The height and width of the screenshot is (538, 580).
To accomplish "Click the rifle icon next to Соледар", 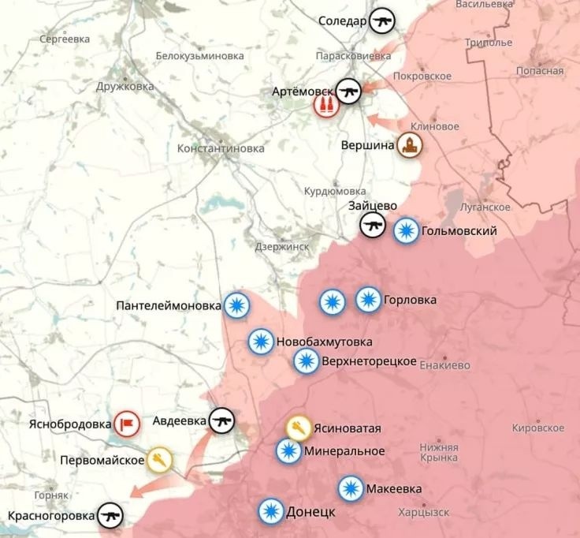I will [x=383, y=21].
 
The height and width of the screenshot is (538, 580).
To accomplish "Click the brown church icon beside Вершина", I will [x=410, y=146].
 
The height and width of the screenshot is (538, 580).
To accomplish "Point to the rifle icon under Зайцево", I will [x=373, y=226].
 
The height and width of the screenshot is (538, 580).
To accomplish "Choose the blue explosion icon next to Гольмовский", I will [x=406, y=230].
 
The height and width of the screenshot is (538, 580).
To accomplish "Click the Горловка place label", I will [x=410, y=300].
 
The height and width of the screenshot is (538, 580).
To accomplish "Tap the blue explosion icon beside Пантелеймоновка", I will [x=236, y=305].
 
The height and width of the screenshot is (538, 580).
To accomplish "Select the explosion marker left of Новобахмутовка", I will [x=261, y=342].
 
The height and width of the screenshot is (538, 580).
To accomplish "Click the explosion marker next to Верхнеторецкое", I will [x=306, y=361].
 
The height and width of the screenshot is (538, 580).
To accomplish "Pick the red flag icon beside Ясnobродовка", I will [x=126, y=424].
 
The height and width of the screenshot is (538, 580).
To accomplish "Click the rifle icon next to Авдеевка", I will [x=222, y=421].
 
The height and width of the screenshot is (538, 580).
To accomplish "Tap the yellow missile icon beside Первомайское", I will [x=159, y=459].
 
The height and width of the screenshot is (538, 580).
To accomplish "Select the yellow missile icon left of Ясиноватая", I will [x=298, y=428].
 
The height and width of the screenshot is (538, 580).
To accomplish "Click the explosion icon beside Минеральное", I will [x=288, y=451].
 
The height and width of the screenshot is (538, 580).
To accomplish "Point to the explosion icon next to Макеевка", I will [x=351, y=489].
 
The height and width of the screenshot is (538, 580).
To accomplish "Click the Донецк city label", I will [x=311, y=511].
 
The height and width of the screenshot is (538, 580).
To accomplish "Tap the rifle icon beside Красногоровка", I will [x=110, y=517].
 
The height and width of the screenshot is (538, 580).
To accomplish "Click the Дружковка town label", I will [x=125, y=87].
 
